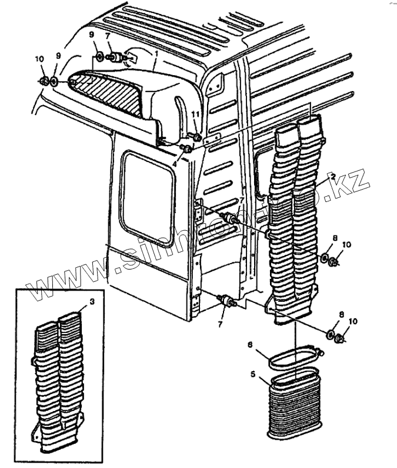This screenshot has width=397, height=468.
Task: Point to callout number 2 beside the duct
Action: point(333,176)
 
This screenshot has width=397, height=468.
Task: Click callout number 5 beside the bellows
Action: point(253,373)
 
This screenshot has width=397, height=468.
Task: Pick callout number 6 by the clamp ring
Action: point(250,345)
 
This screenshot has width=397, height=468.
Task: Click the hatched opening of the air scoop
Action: point(109,93)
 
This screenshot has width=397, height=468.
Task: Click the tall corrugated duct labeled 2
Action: point(297,223)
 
